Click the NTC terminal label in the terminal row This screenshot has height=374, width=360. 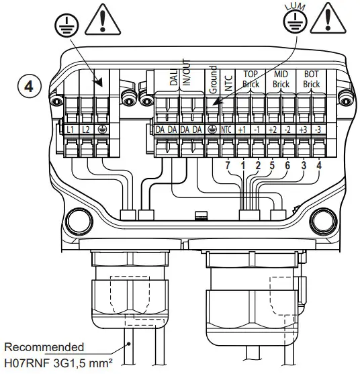pyautogui.click(x=227, y=128)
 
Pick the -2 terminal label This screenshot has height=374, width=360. pyautogui.click(x=287, y=128)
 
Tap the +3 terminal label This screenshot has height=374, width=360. pyautogui.click(x=303, y=128)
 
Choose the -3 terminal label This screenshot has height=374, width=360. pyautogui.click(x=318, y=128)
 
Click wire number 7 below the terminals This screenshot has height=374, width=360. pyautogui.click(x=228, y=165)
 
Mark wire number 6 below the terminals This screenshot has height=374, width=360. pyautogui.click(x=287, y=165)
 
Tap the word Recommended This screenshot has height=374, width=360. pyautogui.click(x=44, y=347)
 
